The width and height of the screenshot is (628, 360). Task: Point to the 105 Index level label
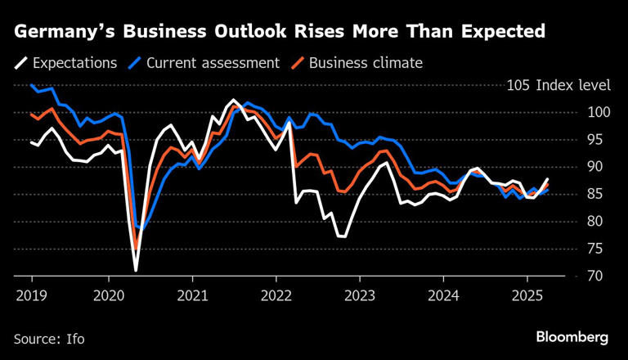pos(558,85)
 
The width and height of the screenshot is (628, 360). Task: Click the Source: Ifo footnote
pos(48,337)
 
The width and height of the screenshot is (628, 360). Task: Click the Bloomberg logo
pos(572,336)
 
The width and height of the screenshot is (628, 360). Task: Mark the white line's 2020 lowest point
pos(136,269)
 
